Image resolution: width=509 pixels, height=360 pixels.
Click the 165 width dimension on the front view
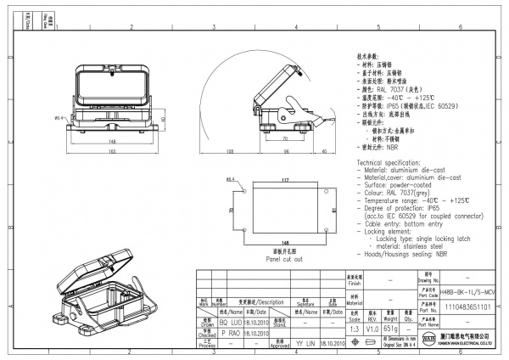[x=110, y=152]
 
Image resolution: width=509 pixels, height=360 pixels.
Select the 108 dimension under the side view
[x=230, y=152]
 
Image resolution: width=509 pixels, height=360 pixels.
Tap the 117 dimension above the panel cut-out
[x=285, y=180]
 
